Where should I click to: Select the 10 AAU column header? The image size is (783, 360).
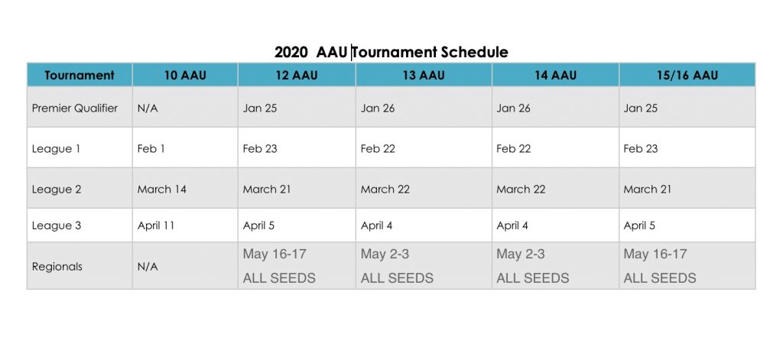coord(185,76)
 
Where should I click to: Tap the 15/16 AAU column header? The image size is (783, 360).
coord(687,76)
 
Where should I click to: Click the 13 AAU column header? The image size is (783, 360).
coord(424,76)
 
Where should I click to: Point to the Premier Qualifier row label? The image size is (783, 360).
coord(75,109)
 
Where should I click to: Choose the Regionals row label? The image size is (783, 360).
coord(57,267)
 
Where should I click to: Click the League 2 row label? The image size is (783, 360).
coord(57,190)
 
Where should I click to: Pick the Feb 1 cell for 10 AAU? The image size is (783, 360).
coord(151,149)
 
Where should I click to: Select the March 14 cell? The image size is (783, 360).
coord(162,190)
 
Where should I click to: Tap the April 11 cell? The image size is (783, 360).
coord(156,225)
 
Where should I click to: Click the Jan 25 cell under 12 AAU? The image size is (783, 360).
coord(260,109)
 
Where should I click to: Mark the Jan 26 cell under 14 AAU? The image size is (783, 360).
coord(513,109)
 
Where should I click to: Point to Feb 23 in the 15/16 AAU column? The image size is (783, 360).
coord(641,149)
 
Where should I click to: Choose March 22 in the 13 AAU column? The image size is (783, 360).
coord(385,190)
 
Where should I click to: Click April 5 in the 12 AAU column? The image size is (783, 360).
coord(258,225)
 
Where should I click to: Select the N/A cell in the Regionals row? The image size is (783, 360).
coord(148,267)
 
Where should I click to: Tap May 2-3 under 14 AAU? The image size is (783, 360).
coord(520,255)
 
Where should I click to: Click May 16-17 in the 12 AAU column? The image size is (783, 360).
coord(275,255)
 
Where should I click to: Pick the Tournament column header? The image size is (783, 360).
coord(80,76)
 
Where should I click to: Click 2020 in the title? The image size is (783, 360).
coord(291,52)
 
